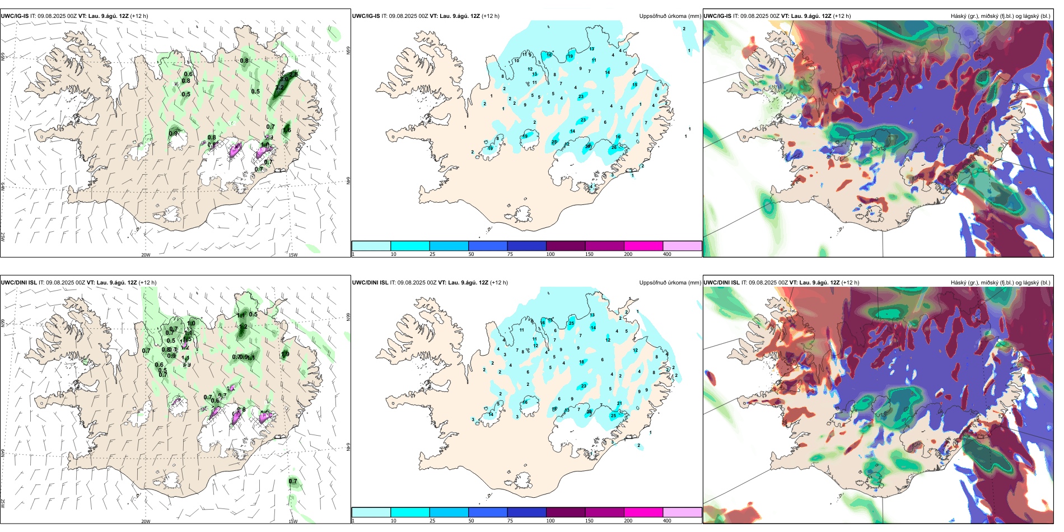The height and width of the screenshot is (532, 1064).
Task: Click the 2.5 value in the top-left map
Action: [x=294, y=74]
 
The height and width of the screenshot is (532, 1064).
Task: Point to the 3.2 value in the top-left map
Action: [x=279, y=87]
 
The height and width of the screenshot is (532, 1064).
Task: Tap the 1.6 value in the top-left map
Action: [x=287, y=130]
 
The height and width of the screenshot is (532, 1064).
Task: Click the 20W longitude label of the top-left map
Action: [x=146, y=255]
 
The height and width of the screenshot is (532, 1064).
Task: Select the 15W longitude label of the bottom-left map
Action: [x=293, y=521]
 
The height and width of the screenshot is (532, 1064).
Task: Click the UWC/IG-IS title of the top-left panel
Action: [x=15, y=16]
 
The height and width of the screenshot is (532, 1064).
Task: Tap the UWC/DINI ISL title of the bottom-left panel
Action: [x=18, y=283]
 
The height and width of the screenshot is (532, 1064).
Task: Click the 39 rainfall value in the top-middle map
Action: [x=588, y=146]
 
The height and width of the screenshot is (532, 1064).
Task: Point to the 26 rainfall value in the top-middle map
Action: [x=614, y=147]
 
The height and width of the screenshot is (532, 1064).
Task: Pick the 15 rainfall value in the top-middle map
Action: [x=634, y=85]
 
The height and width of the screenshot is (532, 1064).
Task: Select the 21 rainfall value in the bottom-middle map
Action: [x=619, y=403]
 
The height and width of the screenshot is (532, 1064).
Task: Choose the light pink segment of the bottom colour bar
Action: [x=682, y=512]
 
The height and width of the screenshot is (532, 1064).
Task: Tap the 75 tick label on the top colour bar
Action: [x=510, y=254]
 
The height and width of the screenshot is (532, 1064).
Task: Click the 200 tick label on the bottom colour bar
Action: [x=628, y=521]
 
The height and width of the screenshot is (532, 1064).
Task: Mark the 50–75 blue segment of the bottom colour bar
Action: [x=488, y=512]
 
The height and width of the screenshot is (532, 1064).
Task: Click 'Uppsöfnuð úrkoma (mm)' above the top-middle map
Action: [x=670, y=16]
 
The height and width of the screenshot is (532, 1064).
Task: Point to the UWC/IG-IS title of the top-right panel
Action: [x=717, y=16]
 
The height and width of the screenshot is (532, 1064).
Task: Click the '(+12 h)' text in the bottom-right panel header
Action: [x=850, y=283]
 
